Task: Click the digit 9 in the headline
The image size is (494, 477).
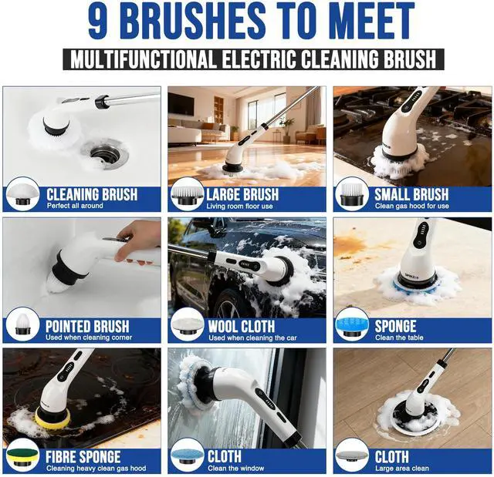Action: pos(98,21)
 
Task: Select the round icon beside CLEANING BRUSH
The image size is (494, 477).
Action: pos(22,194)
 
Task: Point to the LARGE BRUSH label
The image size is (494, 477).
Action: pos(242,194)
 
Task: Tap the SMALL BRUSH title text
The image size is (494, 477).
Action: pos(411,194)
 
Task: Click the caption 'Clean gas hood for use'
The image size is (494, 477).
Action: pos(411,206)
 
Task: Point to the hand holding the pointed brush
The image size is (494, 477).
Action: pos(138,240)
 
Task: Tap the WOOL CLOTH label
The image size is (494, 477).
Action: pos(242,326)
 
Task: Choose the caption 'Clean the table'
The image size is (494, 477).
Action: pos(399,338)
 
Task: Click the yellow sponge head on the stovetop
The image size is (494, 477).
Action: pos(48,416)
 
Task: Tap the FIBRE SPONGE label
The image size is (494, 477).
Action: pos(83,457)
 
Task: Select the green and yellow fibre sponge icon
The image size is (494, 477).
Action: pos(22,455)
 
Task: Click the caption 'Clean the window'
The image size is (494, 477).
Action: pos(235,469)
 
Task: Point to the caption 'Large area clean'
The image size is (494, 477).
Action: pos(401,469)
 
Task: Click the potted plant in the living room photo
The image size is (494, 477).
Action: pos(287,129)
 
